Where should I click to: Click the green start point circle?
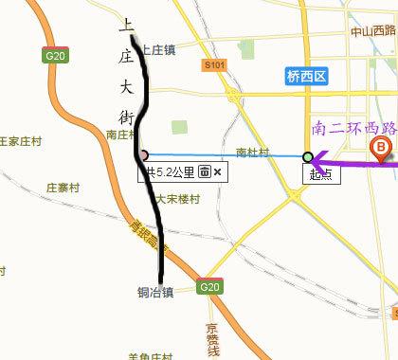tap(307, 156)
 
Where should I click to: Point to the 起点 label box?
tap(319, 173)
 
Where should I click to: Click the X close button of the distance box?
tap(218, 171)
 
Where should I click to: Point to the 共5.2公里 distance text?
tap(170, 171)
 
